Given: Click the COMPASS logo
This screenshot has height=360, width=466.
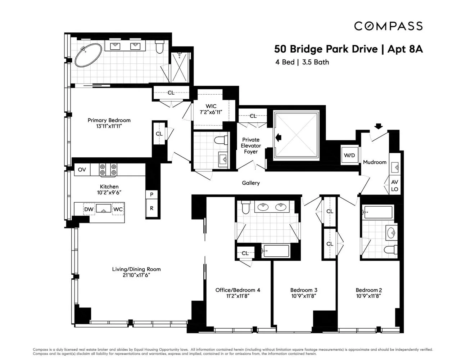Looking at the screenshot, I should click(388, 26).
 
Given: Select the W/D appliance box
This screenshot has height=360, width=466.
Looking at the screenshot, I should click(349, 156).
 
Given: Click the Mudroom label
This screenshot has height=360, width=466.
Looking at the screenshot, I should click(374, 162).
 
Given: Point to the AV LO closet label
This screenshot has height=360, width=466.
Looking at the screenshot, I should click(394, 186).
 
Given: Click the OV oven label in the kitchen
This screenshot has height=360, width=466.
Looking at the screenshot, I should click(82, 170).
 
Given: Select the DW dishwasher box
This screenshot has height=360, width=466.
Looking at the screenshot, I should click(89, 209).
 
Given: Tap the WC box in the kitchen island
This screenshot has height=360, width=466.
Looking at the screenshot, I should click(118, 209).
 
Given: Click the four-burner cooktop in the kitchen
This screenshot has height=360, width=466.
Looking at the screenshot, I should click(108, 170).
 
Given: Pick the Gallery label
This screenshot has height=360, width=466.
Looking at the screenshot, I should click(251, 183).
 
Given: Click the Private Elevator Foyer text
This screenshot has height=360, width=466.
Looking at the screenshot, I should click(251, 146).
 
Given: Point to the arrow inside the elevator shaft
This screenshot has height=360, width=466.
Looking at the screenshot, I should click(278, 137).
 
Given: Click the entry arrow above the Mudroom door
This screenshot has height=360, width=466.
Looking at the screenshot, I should click(378, 126).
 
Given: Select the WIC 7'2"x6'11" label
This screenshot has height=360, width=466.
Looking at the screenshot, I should click(211, 109).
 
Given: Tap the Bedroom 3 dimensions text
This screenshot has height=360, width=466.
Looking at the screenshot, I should click(304, 296).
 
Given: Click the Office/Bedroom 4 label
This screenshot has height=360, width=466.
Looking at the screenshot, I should click(237, 290).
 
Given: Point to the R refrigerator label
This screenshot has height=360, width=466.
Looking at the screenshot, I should click(152, 208).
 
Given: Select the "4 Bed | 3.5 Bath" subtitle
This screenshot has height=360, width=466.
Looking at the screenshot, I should click(302, 62).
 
